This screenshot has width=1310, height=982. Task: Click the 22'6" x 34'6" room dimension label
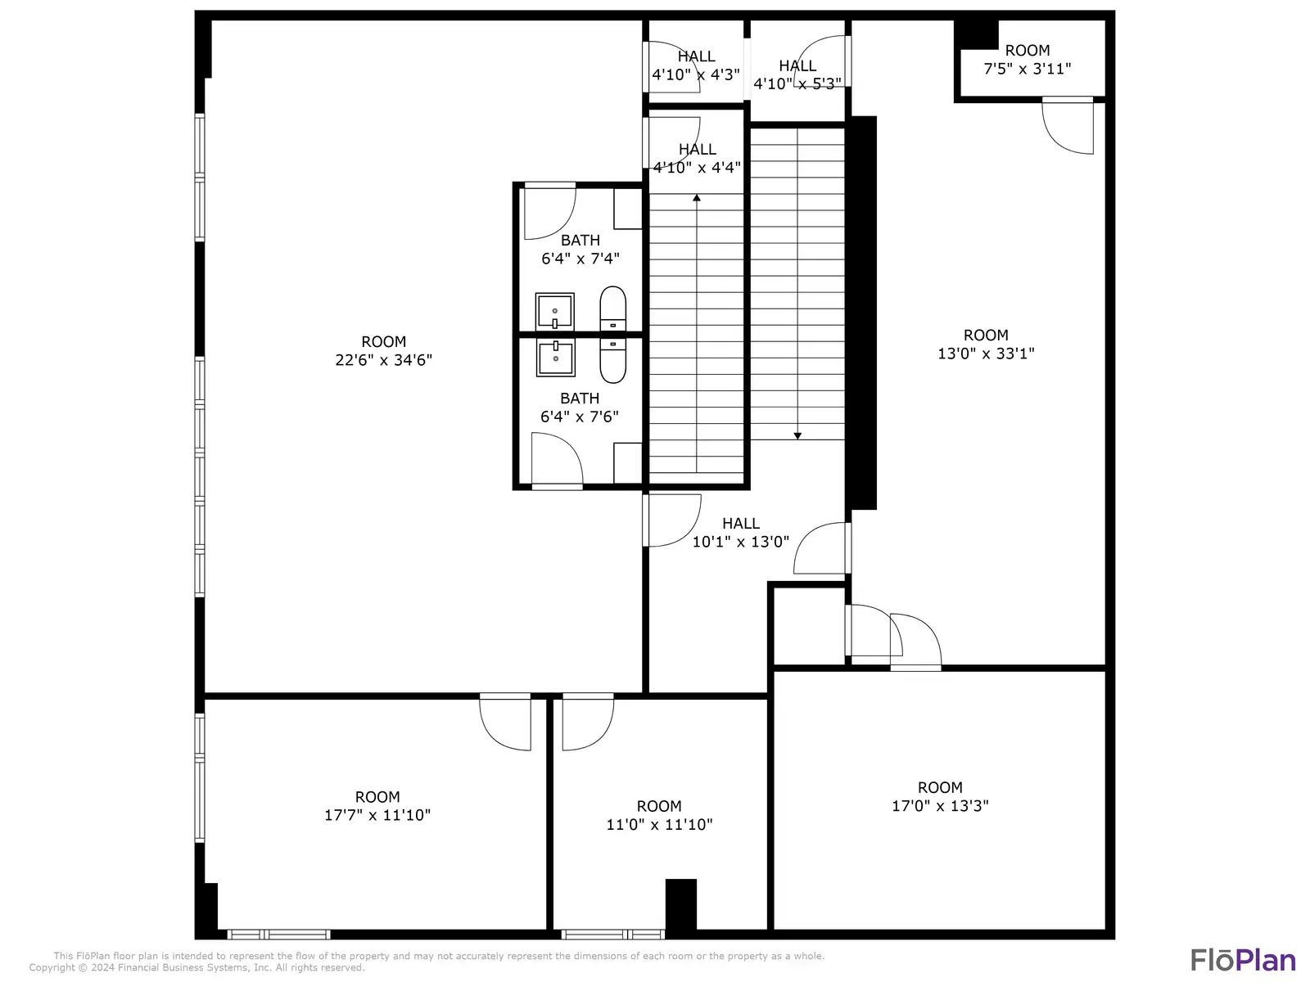(x=383, y=350)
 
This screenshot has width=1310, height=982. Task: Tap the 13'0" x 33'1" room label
(x=985, y=344)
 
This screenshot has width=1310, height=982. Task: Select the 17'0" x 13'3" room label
(x=940, y=796)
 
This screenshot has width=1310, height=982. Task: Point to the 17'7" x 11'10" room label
(x=377, y=805)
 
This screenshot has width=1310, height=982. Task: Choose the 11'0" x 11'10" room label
(x=659, y=814)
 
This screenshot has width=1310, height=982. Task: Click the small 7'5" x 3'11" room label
(x=1027, y=60)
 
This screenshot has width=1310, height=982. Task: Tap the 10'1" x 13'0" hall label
(x=741, y=532)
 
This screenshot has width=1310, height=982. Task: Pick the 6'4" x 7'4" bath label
(x=580, y=250)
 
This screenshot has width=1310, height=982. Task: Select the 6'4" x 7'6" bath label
(x=580, y=408)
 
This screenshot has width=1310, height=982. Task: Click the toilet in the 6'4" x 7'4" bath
(x=612, y=309)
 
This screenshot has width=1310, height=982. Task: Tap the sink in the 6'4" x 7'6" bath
(x=555, y=358)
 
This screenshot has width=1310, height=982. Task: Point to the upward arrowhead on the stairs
(x=697, y=197)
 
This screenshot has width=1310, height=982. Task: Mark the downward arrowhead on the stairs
(x=797, y=436)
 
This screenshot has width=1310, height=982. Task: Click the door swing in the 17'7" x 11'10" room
(x=505, y=721)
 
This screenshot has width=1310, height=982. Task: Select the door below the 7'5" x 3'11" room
(x=1068, y=125)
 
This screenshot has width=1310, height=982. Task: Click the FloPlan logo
(x=1243, y=961)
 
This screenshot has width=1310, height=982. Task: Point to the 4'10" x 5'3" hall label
(x=797, y=74)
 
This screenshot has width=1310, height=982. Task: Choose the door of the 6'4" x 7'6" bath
(x=557, y=460)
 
